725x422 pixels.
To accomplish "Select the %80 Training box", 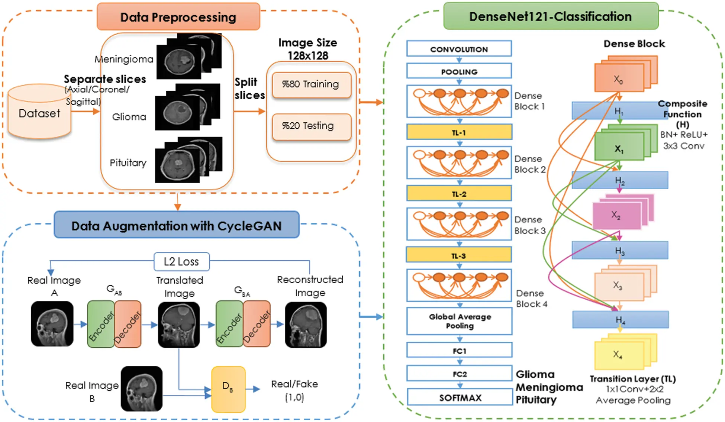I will click(311, 84).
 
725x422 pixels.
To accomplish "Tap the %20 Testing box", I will click(311, 126).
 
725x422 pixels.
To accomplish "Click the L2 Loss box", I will click(181, 262).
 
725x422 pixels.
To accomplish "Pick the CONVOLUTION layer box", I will click(459, 49).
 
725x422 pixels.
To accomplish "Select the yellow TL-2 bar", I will click(459, 194).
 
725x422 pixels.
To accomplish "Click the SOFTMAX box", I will click(460, 397).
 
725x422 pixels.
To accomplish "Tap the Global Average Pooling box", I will click(460, 321).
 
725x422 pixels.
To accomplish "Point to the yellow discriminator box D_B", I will click(228, 389).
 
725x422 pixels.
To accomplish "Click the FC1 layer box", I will click(460, 351).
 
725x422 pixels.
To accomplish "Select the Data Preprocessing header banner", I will click(178, 17).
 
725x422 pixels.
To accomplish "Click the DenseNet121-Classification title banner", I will click(551, 16).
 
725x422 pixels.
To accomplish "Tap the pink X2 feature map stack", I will click(617, 215).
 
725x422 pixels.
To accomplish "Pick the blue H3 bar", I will click(620, 251).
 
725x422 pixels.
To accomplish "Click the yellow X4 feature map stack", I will click(619, 354).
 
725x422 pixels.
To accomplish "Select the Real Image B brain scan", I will click(142, 389).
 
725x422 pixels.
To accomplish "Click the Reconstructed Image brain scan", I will click(306, 325).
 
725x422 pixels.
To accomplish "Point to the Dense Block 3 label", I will click(530, 225).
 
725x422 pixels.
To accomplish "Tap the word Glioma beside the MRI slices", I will click(129, 117).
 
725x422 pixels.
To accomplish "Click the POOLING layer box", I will click(459, 71).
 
